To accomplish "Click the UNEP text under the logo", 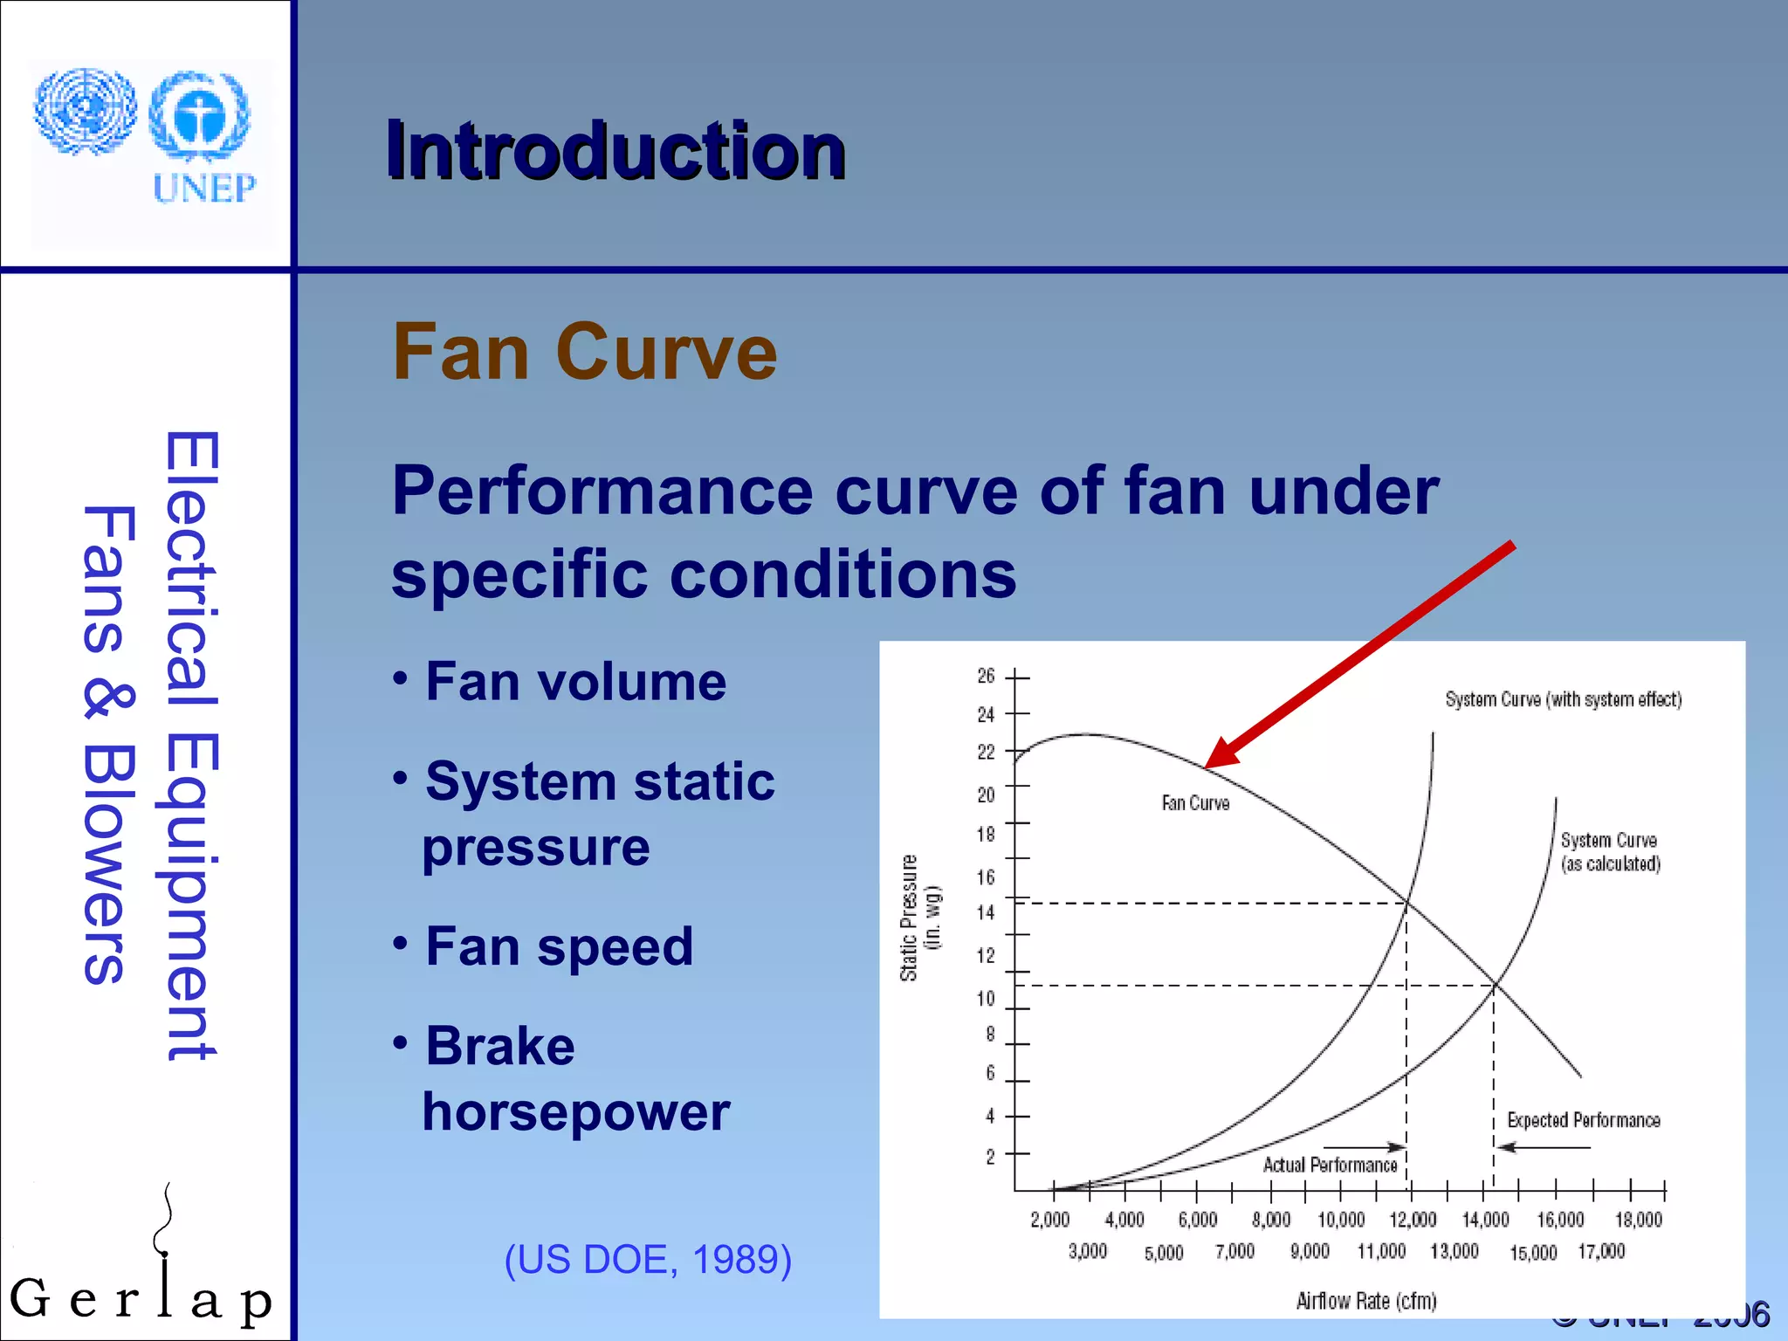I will pyautogui.click(x=204, y=188).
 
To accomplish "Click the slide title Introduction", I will pyautogui.click(x=615, y=151).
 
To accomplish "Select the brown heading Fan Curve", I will pyautogui.click(x=584, y=352).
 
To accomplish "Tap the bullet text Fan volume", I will pyautogui.click(x=575, y=682).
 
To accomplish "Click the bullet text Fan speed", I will pyautogui.click(x=559, y=946).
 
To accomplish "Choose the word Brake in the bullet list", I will pyautogui.click(x=499, y=1046).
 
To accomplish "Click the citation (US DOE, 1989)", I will pyautogui.click(x=648, y=1259).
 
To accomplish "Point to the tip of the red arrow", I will pyautogui.click(x=1207, y=766).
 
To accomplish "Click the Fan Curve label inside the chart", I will pyautogui.click(x=1194, y=803).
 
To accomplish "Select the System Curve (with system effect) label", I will pyautogui.click(x=1562, y=699).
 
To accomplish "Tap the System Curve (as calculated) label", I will pyautogui.click(x=1609, y=852).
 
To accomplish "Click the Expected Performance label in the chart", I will pyautogui.click(x=1583, y=1120).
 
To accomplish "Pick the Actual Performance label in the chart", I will pyautogui.click(x=1329, y=1166).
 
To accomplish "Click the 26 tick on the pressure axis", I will pyautogui.click(x=986, y=676).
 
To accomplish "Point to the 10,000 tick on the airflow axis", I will pyautogui.click(x=1340, y=1220).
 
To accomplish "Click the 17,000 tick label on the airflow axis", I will pyautogui.click(x=1601, y=1252).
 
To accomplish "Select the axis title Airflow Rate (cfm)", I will pyautogui.click(x=1365, y=1301).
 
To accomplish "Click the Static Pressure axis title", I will pyautogui.click(x=910, y=918).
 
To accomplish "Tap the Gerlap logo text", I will pyautogui.click(x=140, y=1299).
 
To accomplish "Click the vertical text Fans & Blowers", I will pyautogui.click(x=108, y=745).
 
